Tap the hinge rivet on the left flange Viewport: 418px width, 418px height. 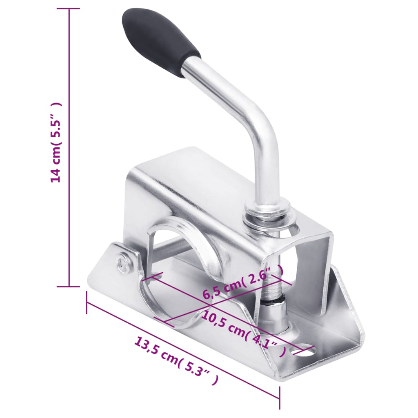[x=122, y=265]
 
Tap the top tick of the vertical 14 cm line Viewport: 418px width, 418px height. [x=69, y=9]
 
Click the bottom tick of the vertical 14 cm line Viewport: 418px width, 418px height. [x=69, y=287]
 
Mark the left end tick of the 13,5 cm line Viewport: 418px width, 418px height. [x=87, y=302]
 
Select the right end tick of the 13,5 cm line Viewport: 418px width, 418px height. [x=280, y=398]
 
